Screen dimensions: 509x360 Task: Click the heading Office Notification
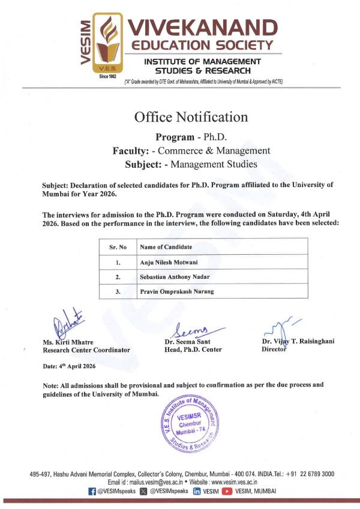point(191,117)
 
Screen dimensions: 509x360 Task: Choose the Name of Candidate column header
point(166,246)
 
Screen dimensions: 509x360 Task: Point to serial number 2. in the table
point(118,276)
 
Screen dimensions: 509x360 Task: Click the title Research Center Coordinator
point(86,350)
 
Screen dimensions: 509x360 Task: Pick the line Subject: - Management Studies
point(191,163)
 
